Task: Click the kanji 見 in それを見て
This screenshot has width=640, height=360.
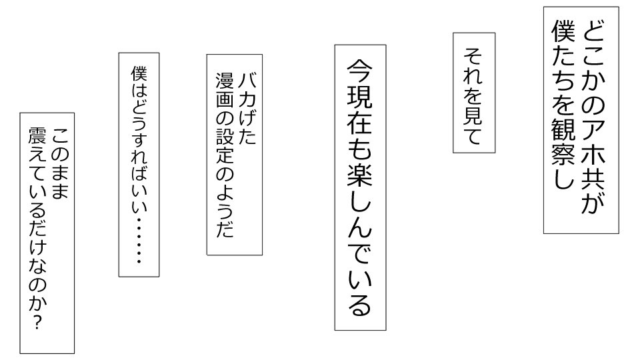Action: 473,114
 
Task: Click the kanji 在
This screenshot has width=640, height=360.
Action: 359,123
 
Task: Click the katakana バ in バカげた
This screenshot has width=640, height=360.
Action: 248,81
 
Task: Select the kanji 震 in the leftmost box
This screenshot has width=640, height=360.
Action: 37,136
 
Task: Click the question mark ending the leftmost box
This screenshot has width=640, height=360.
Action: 37,323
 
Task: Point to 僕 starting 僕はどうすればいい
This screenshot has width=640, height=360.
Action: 139,73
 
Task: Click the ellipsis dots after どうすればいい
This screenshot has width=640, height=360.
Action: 139,241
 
